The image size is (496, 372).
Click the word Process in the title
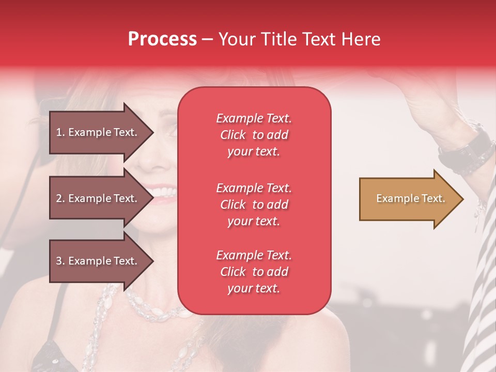click(x=162, y=39)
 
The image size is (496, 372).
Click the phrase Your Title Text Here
click(x=300, y=39)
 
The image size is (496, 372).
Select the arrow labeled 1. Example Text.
click(x=98, y=132)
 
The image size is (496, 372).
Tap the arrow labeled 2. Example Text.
click(x=98, y=198)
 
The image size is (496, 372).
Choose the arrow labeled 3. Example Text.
click(x=98, y=261)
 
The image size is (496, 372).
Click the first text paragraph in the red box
click(x=254, y=135)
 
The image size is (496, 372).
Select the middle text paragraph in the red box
click(x=254, y=205)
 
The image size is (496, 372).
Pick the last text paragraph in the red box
click(x=254, y=272)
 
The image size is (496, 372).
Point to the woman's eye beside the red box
click(x=170, y=129)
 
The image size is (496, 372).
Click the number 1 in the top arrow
click(x=58, y=132)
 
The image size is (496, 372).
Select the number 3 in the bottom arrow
click(x=59, y=261)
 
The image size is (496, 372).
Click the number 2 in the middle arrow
click(x=59, y=198)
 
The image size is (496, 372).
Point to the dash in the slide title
click(x=208, y=40)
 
